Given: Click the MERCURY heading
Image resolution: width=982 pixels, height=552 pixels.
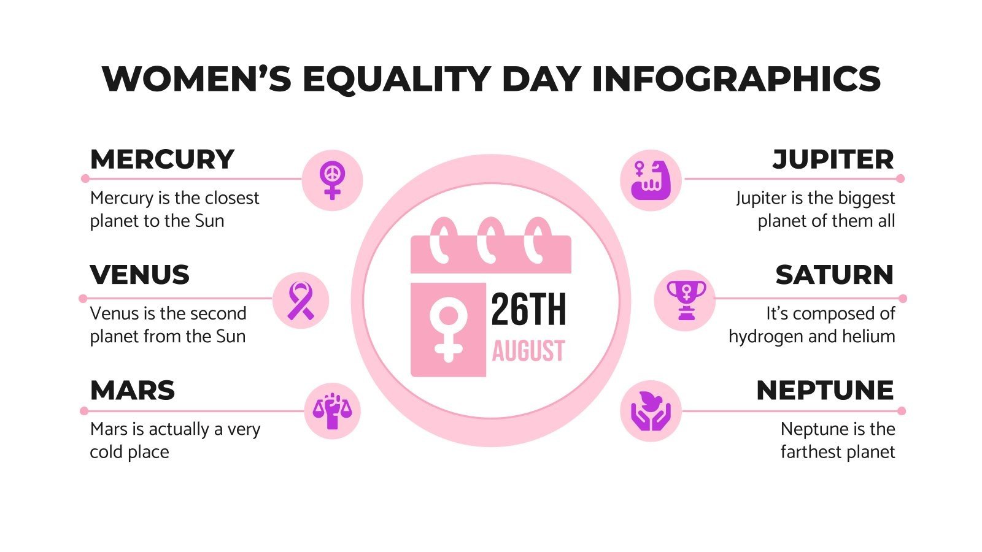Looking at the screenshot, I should coord(162,159).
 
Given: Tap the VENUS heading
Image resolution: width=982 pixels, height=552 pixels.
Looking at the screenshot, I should coord(140,275).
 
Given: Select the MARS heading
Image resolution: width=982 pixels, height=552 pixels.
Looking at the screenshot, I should coord(133,391).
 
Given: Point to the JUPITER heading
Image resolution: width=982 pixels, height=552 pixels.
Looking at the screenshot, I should coord(833,159).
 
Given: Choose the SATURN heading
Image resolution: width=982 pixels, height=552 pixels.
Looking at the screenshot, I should coord(834,275).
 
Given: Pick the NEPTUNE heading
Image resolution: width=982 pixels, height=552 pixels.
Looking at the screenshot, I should coord(825,391).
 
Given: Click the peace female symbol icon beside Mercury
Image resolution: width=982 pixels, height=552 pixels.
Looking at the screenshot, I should coord(332,180).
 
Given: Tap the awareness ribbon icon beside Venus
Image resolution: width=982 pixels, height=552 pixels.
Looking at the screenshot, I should coord(300,301).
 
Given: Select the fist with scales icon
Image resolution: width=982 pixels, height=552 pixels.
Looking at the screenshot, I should coord(332,410).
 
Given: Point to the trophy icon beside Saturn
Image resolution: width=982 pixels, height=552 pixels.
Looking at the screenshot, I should coord(685,301).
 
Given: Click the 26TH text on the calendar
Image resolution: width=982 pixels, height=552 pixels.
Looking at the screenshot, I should coord(528,310).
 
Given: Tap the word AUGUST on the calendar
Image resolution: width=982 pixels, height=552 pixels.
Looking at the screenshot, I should coord(528,351).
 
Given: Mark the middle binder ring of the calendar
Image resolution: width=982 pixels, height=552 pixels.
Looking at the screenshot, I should coord(490,240).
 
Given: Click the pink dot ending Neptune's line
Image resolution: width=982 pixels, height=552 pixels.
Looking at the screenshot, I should coord(901,411).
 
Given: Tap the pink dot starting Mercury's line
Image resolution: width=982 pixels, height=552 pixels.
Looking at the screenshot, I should coord(85,178).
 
